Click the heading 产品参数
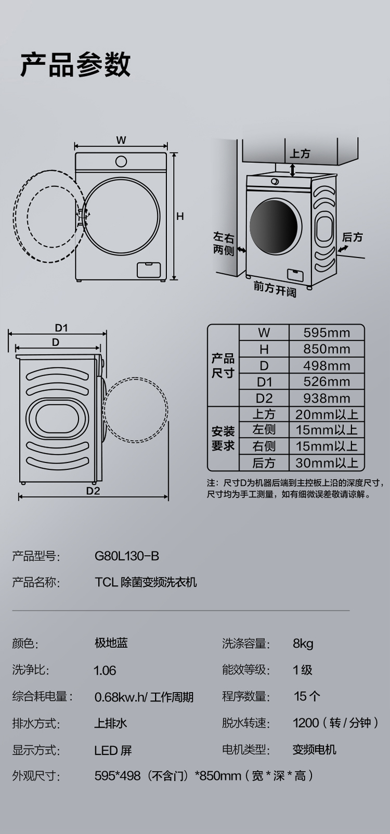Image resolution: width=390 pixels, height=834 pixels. [x=75, y=65]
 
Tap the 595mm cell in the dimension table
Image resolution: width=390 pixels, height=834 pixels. [x=327, y=332]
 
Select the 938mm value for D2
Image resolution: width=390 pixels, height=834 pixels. [x=327, y=399]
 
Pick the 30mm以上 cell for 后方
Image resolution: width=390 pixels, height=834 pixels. [x=327, y=463]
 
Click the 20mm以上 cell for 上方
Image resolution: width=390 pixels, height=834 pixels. [x=327, y=414]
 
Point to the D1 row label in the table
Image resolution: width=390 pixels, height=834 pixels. [x=264, y=382]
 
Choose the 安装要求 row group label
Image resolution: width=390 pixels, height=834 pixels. [x=223, y=439]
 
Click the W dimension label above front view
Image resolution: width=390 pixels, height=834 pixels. [x=121, y=140]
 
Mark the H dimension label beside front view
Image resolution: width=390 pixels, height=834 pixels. [x=180, y=216]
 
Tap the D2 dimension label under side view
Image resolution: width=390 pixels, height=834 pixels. [x=93, y=491]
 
